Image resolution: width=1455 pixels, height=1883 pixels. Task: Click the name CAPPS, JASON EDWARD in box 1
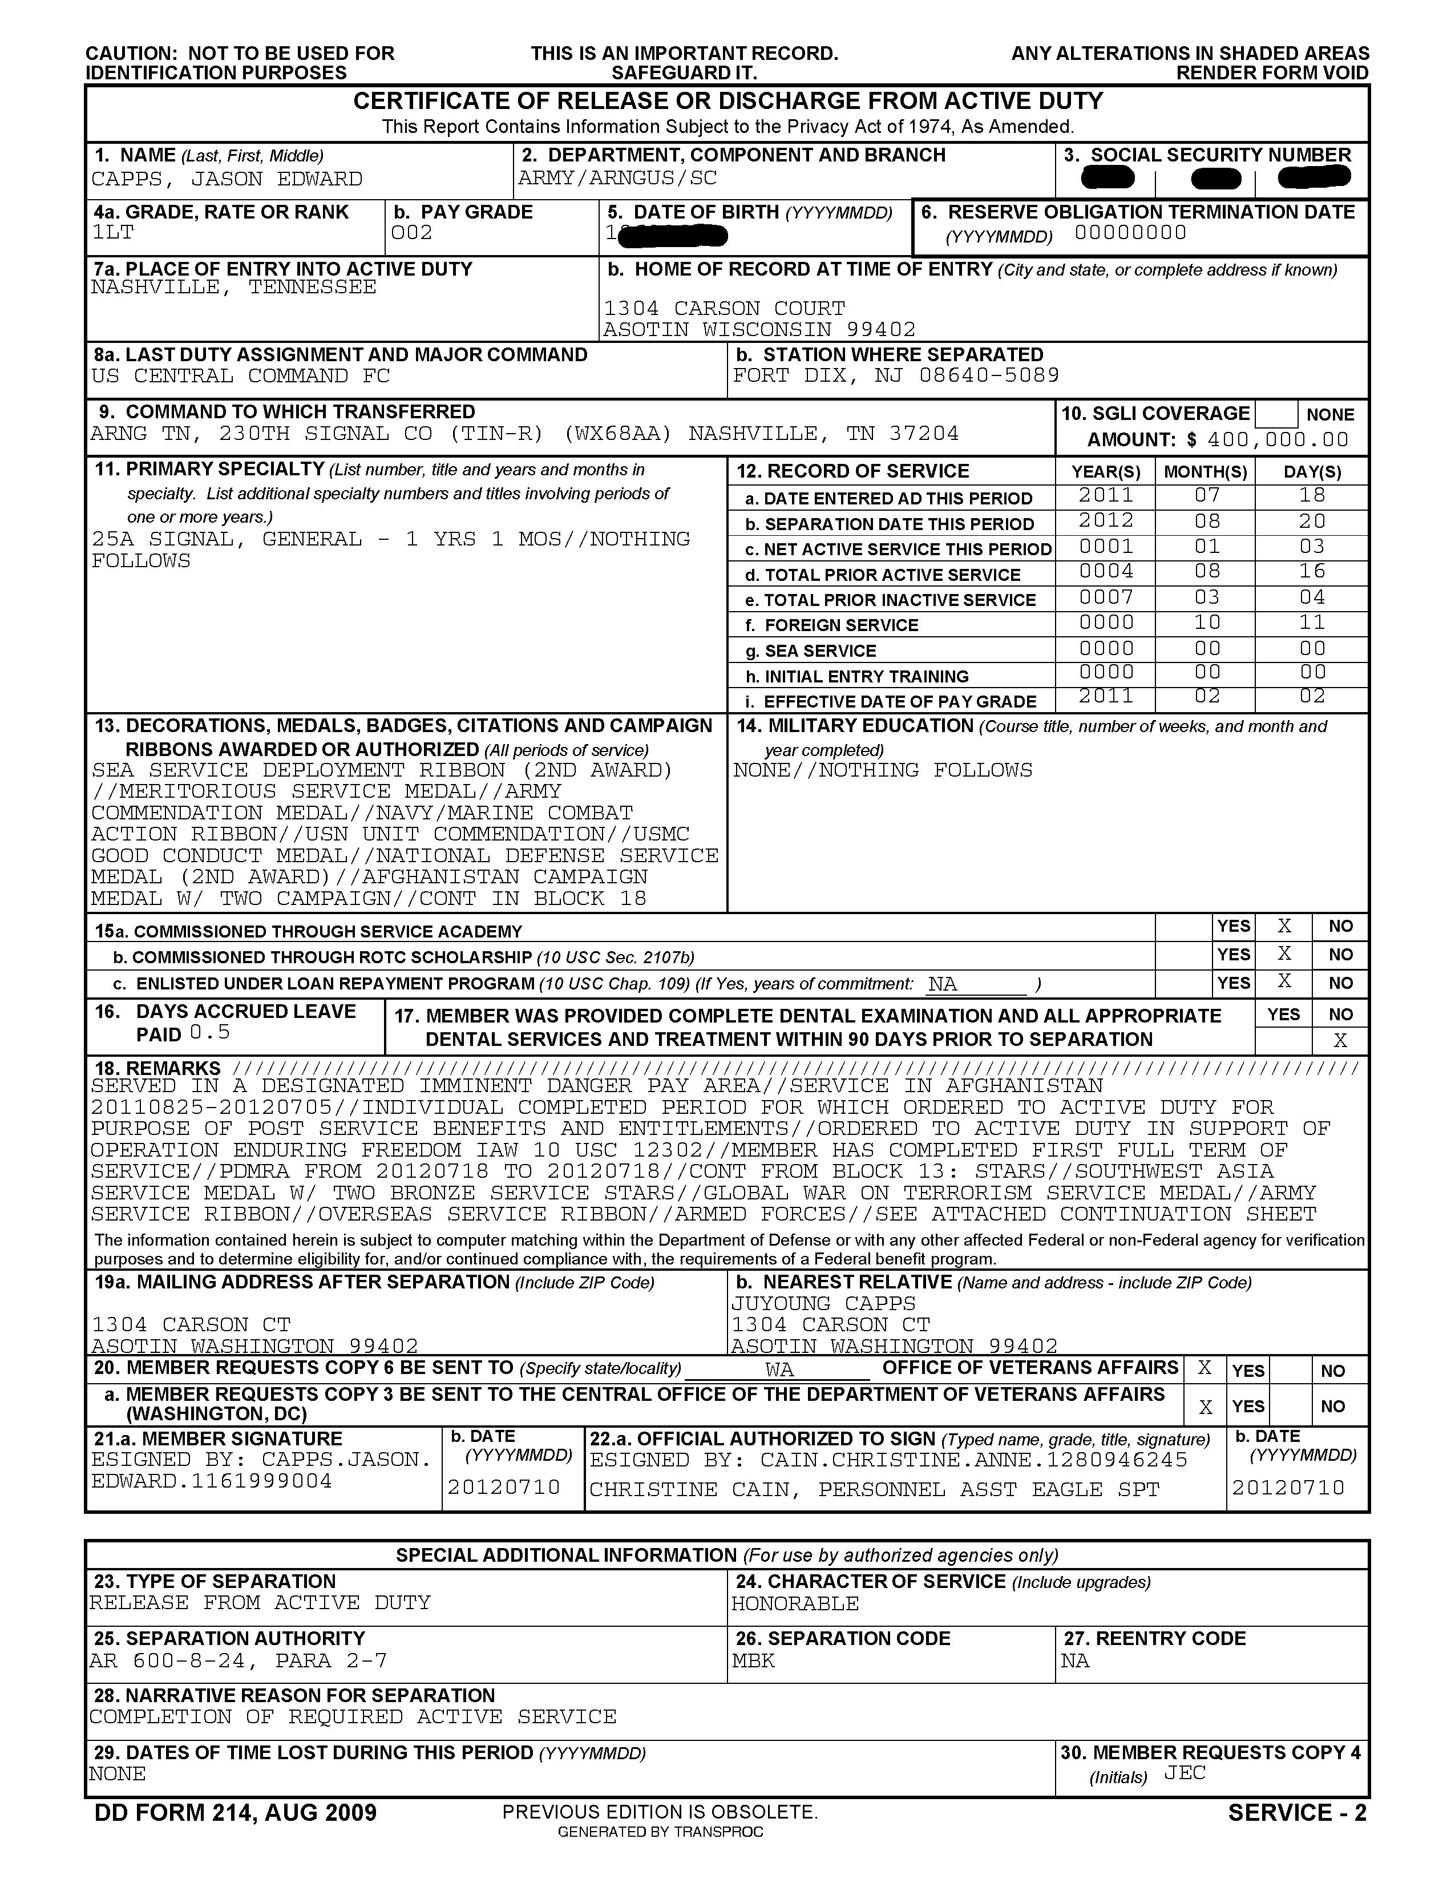point(227,179)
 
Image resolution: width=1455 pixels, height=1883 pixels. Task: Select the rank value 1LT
point(113,233)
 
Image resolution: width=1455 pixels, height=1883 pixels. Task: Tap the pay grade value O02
point(411,233)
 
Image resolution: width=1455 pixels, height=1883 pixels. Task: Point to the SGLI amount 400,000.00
point(1278,440)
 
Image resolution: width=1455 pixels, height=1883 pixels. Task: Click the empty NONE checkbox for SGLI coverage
point(1276,415)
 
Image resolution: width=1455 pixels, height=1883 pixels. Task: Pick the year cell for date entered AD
point(1106,496)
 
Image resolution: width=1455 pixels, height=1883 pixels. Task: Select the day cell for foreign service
point(1312,623)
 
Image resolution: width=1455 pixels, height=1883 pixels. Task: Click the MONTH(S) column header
point(1205,472)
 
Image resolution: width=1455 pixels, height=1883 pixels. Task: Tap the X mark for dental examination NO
point(1340,1041)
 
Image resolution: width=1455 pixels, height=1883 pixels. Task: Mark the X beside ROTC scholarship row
point(1284,953)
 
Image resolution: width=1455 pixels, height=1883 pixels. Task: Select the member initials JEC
point(1185,1773)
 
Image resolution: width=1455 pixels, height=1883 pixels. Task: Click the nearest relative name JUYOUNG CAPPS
point(823,1304)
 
